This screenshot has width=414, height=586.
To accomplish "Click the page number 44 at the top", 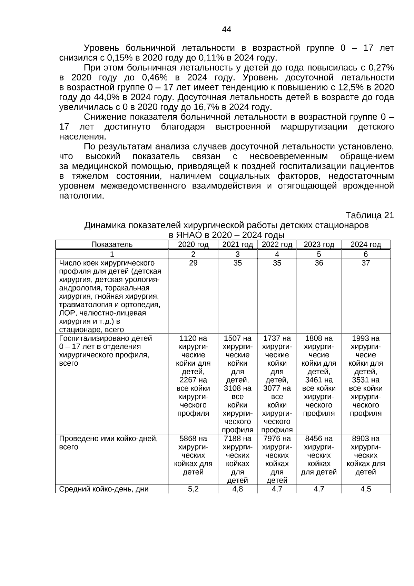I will point(226,30).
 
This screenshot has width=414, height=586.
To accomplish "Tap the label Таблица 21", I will point(369,215).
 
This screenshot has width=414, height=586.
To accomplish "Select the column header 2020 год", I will point(193,245).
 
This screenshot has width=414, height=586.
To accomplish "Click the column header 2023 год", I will point(319,245).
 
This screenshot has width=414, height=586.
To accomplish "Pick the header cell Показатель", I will point(112,245).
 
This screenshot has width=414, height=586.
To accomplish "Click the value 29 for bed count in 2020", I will point(193,263).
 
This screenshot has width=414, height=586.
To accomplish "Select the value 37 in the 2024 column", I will point(366,263).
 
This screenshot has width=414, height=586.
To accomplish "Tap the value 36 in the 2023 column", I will point(319,263).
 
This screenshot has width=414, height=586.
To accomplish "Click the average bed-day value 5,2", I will point(193,489).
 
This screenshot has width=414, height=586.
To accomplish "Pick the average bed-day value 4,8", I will point(237,489).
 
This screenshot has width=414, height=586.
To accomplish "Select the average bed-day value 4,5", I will point(366,489).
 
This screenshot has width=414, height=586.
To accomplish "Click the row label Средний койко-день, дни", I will point(104,489).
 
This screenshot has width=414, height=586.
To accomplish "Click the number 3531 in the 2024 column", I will point(361,380).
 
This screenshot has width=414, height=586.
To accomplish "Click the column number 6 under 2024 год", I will point(366,254).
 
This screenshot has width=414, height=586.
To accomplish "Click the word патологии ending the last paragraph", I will point(81,196).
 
